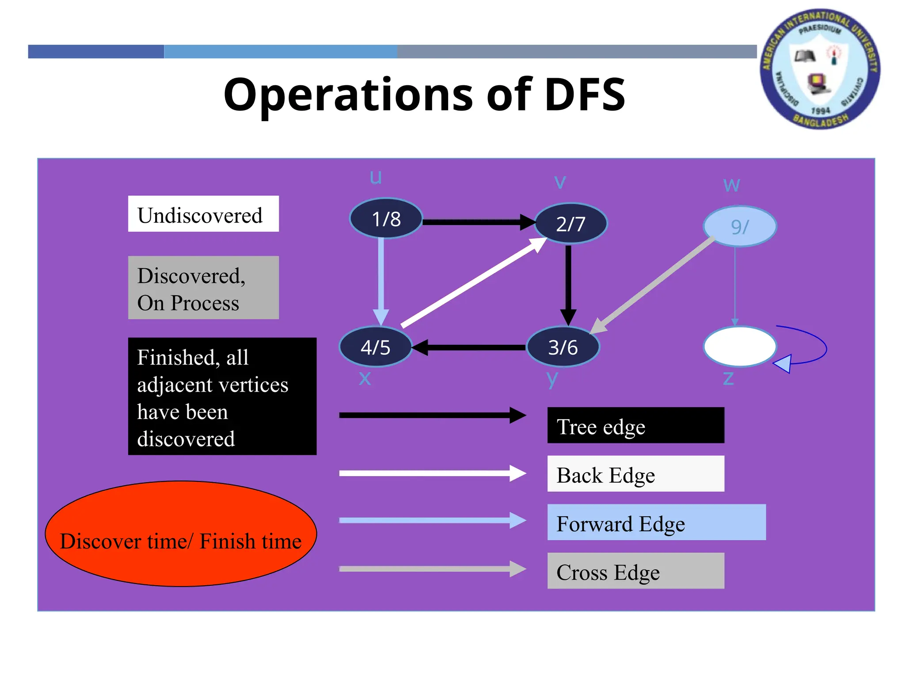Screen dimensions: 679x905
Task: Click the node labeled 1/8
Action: (x=386, y=218)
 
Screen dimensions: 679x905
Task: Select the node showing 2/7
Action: (x=570, y=224)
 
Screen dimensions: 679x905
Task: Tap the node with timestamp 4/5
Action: (x=375, y=347)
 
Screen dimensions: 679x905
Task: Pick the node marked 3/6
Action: (x=563, y=347)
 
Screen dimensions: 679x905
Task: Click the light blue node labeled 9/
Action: (x=739, y=226)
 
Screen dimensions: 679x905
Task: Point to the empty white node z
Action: (x=739, y=347)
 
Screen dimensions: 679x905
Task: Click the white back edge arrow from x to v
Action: (x=473, y=283)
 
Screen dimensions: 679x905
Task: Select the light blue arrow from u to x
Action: (x=381, y=278)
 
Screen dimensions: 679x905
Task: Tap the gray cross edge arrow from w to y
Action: (x=654, y=285)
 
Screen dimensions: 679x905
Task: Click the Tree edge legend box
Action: (x=635, y=425)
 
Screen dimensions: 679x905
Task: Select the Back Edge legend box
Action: (x=635, y=474)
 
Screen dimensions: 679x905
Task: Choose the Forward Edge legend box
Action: (x=656, y=523)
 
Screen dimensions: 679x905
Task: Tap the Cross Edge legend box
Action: (x=635, y=571)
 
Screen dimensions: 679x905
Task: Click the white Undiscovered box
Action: (x=203, y=214)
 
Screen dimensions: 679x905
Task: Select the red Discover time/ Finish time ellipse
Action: (x=181, y=534)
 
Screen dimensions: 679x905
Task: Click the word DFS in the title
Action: (x=584, y=95)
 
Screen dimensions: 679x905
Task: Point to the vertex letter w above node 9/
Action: (x=731, y=184)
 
